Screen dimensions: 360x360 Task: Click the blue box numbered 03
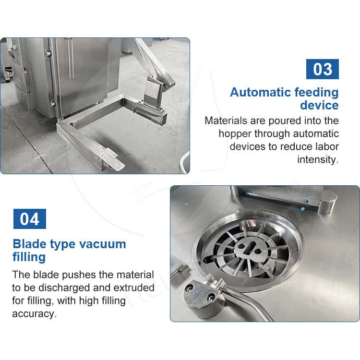tap(323, 69)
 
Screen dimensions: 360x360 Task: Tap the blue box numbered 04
tap(30, 219)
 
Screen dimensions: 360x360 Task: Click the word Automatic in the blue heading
tap(260, 92)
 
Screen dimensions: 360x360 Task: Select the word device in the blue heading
tap(319, 106)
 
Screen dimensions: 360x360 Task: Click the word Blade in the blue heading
tap(30, 244)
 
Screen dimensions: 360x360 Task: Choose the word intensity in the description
tap(318, 159)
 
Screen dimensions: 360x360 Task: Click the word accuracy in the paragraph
tap(34, 314)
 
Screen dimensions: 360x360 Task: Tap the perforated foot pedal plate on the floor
tap(114, 159)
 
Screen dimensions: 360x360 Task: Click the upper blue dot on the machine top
tap(305, 201)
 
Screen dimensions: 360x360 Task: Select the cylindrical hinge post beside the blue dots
tap(327, 202)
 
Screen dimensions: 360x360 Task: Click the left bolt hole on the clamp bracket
tap(191, 288)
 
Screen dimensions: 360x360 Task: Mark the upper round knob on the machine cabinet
tap(48, 53)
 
